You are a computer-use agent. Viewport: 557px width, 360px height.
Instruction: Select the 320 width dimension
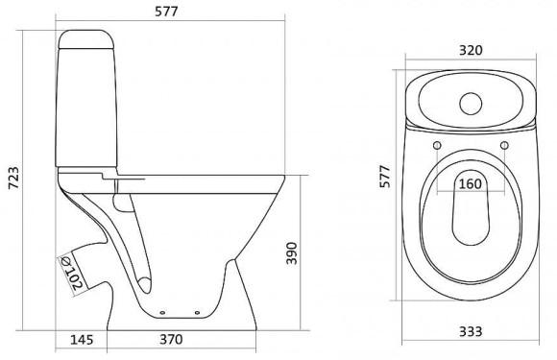(x=470, y=51)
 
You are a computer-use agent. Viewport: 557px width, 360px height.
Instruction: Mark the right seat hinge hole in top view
(x=502, y=146)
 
